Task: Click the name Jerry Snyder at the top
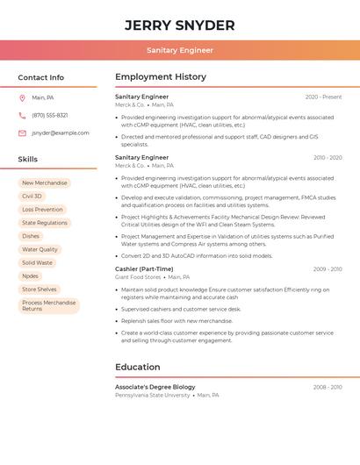[x=180, y=25]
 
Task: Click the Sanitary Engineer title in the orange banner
[x=180, y=50]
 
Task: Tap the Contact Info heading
[x=41, y=77]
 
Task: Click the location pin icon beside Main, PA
[x=22, y=97]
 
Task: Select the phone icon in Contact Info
[x=22, y=115]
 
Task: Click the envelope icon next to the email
[x=22, y=133]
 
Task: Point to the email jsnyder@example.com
[x=61, y=133]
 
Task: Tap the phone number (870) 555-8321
[x=50, y=115]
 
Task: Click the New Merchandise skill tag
[x=45, y=183]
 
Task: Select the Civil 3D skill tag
[x=32, y=197]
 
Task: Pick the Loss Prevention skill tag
[x=42, y=210]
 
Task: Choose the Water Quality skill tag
[x=40, y=249]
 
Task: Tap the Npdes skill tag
[x=31, y=275]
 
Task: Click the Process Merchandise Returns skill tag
[x=48, y=305]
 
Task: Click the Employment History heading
[x=161, y=77]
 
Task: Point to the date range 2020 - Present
[x=323, y=97]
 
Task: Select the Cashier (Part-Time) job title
[x=144, y=268]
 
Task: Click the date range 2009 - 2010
[x=328, y=268]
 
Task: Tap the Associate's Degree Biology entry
[x=155, y=387]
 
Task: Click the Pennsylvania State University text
[x=152, y=396]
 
